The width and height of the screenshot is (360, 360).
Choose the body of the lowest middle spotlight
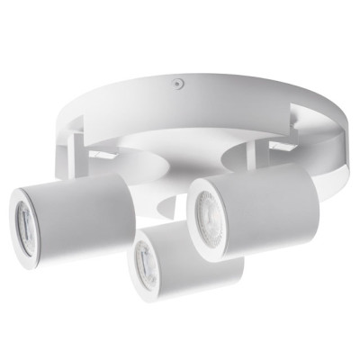pos(202,265)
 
